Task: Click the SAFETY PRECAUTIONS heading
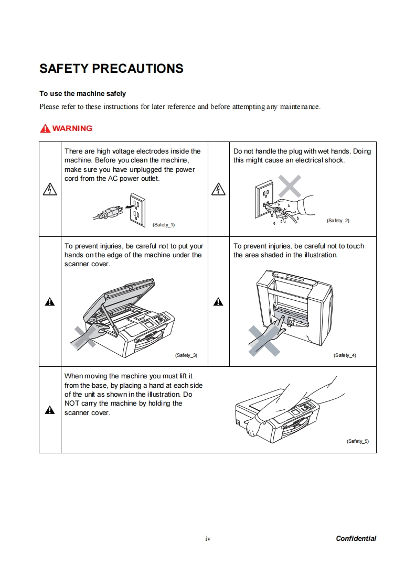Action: point(111,69)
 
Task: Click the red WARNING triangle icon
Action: point(45,128)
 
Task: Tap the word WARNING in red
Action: point(72,128)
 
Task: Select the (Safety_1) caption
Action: point(163,225)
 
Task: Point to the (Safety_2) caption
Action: point(338,221)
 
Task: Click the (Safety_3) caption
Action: point(186,355)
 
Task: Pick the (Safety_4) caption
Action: point(345,355)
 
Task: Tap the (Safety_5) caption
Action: point(357,441)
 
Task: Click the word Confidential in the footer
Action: point(356,538)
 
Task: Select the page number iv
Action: point(208,539)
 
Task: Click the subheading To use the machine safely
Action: point(82,94)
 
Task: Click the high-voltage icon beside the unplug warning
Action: point(50,190)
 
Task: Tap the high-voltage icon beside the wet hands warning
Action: point(218,190)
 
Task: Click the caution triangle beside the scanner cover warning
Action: point(50,301)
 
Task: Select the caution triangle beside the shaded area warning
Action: point(218,301)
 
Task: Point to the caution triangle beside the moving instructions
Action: point(50,410)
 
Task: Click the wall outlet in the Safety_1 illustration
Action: point(136,209)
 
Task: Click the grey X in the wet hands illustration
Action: point(290,186)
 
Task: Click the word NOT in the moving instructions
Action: point(71,404)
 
